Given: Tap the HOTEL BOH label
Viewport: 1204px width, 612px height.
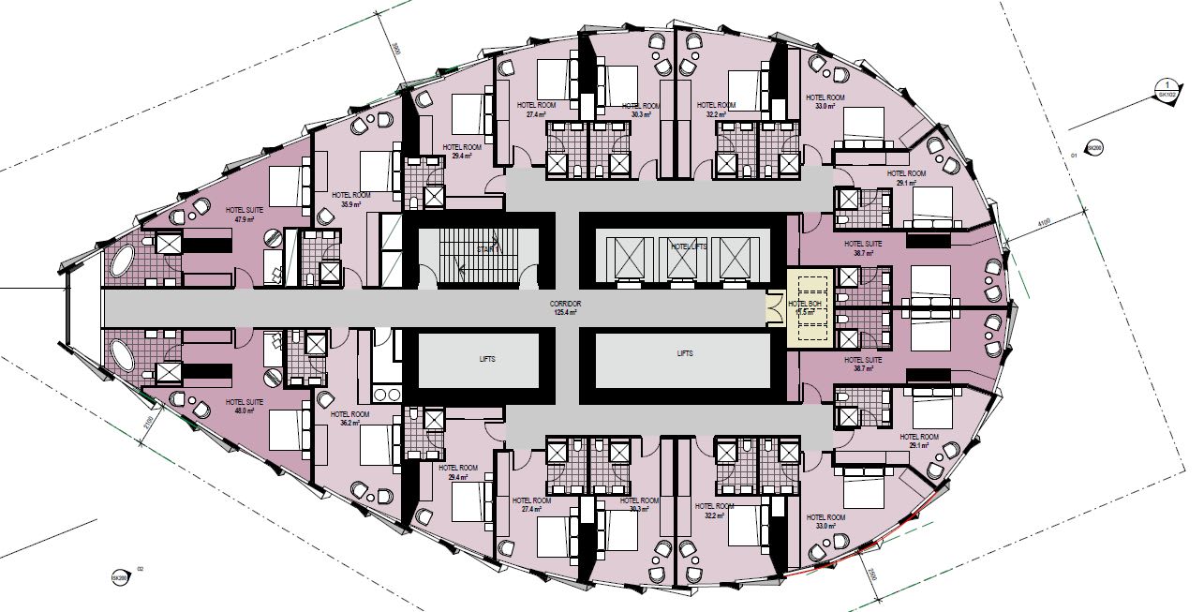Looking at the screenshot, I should coord(807,304).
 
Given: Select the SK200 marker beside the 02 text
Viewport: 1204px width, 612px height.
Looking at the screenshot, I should coord(119,578).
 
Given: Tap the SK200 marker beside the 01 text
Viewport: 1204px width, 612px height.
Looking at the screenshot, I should coord(1093,147).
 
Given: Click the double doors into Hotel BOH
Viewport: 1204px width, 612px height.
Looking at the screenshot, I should coord(774,307).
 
